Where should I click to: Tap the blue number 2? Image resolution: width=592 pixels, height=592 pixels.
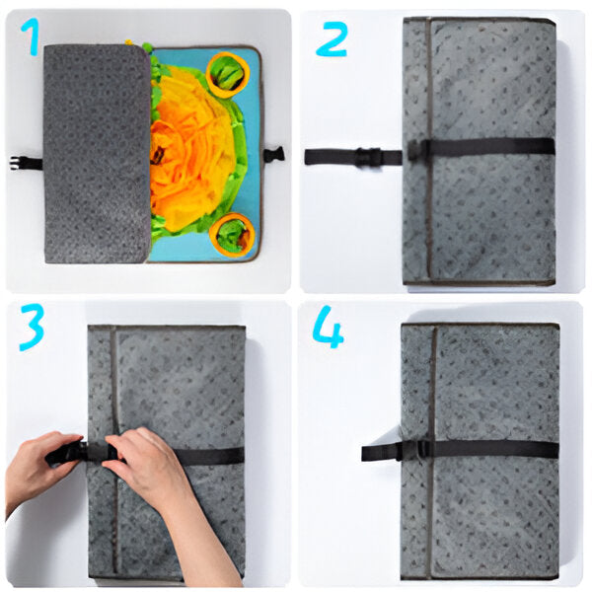tap(332, 39)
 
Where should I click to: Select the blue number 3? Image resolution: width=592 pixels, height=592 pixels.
tap(32, 327)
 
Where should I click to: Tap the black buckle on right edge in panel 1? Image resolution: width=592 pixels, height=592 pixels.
tap(273, 154)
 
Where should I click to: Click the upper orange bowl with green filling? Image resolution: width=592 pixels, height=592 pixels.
tap(229, 73)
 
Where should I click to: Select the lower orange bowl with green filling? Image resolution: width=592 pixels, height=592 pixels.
tap(233, 235)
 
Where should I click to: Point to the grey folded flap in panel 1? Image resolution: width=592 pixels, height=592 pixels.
tap(97, 153)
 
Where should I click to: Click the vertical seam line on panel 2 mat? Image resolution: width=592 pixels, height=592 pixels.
tap(429, 148)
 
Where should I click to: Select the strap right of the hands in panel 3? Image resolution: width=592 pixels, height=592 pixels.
tap(212, 456)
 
